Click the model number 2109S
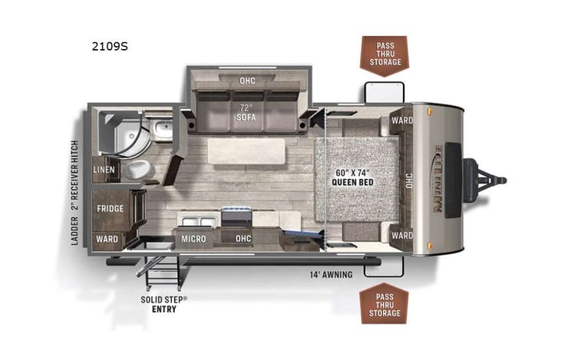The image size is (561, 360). point(107,47)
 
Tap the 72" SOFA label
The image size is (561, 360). point(246,113)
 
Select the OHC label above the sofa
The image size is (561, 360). point(246,81)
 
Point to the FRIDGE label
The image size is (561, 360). point(111,208)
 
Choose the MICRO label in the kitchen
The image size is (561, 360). point(193,239)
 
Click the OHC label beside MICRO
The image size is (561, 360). point(243,239)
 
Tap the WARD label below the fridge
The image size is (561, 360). point(107,239)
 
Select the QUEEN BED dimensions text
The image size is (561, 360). point(354,177)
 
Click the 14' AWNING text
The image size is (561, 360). point(330,274)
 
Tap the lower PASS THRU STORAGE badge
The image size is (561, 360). point(384,303)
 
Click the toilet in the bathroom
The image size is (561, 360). point(136,168)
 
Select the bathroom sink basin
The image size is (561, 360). point(162,129)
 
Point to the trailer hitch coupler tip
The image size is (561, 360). point(503,180)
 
